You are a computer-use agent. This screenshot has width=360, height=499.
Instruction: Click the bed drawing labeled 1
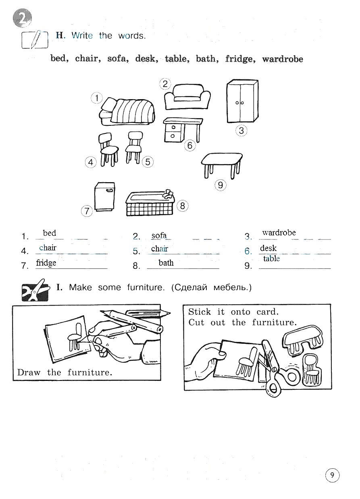pyautogui.click(x=127, y=111)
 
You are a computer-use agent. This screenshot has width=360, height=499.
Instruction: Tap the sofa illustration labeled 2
pyautogui.click(x=187, y=97)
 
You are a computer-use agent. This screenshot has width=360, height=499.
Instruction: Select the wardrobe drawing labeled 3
pyautogui.click(x=242, y=101)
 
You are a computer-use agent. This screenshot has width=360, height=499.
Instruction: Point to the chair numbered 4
pyautogui.click(x=108, y=149)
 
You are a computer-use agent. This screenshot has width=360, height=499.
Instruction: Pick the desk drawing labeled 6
pyautogui.click(x=183, y=130)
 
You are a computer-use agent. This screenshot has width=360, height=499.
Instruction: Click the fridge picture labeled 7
pyautogui.click(x=105, y=196)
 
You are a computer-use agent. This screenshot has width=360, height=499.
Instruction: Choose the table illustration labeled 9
pyautogui.click(x=222, y=166)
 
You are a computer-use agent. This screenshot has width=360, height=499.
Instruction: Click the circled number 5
pyautogui.click(x=148, y=162)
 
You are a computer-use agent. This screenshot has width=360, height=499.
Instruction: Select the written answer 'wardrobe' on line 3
pyautogui.click(x=279, y=233)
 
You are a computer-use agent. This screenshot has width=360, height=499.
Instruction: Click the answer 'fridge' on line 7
pyautogui.click(x=46, y=263)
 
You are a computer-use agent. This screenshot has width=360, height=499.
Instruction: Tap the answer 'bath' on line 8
pyautogui.click(x=166, y=263)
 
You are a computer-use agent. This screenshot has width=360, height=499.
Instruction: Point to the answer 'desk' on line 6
pyautogui.click(x=268, y=248)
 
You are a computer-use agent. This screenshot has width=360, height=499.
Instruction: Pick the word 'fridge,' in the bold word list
pyautogui.click(x=240, y=59)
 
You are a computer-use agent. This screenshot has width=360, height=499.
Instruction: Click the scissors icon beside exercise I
pyautogui.click(x=35, y=291)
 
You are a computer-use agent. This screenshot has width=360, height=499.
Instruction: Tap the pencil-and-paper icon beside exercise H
pyautogui.click(x=35, y=40)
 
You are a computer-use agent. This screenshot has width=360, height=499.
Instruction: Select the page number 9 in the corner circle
pyautogui.click(x=332, y=475)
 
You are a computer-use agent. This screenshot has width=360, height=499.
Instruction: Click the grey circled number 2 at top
pyautogui.click(x=22, y=18)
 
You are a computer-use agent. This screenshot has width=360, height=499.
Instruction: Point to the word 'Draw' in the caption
pyautogui.click(x=29, y=372)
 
